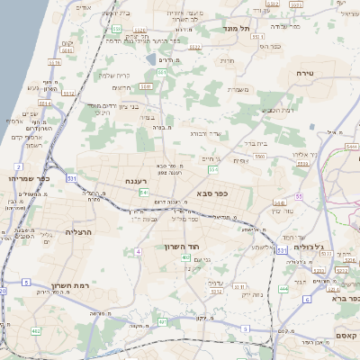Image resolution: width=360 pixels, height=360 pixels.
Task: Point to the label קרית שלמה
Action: (113, 76)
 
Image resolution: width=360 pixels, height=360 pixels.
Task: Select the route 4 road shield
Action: (139, 252)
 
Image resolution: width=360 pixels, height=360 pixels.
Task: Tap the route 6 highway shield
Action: (306, 299)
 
